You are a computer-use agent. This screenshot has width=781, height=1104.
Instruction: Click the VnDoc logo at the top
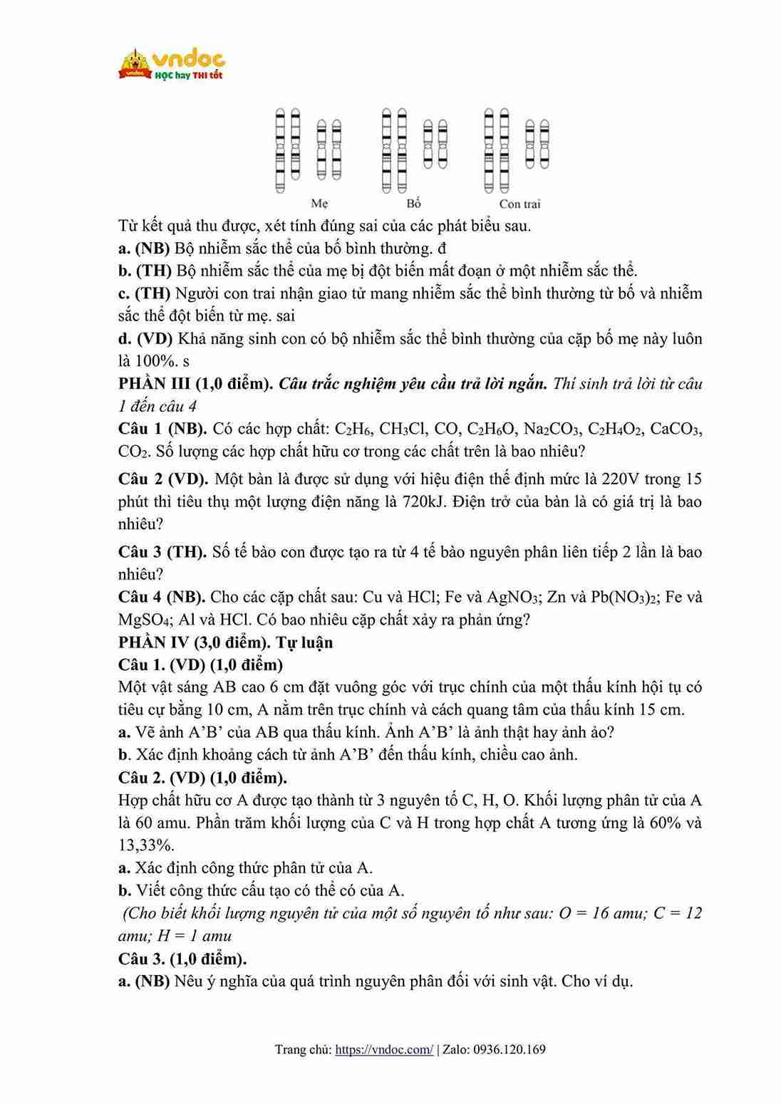tap(172, 65)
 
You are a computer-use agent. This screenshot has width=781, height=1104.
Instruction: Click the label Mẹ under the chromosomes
tap(319, 204)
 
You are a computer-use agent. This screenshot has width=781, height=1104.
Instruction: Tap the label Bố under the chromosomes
tap(414, 204)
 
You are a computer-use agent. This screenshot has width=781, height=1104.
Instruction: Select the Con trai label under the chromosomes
tap(519, 204)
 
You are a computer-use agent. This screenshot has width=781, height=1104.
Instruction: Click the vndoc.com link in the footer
tap(383, 1049)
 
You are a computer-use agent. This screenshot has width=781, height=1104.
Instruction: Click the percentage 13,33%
tap(146, 845)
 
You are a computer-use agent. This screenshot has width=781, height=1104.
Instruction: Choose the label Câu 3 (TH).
tap(162, 551)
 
